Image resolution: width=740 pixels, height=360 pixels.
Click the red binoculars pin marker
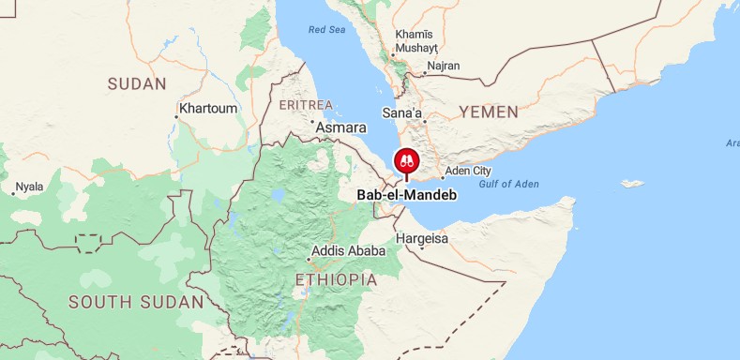(x=407, y=160)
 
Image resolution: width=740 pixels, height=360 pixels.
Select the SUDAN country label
(x=136, y=83)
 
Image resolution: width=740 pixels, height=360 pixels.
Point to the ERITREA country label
(x=306, y=104)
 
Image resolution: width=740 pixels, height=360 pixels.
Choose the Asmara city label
(x=341, y=127)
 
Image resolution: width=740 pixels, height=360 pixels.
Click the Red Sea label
(x=327, y=30)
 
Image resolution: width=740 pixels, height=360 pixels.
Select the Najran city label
(x=443, y=67)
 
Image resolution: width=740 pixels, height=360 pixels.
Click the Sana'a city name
(x=401, y=113)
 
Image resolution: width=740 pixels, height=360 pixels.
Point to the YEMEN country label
(x=488, y=112)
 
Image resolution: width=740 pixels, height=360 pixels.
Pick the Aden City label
(x=468, y=171)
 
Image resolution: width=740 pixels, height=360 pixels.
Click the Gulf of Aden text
(x=507, y=185)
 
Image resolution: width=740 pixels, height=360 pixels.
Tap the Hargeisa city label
(x=422, y=239)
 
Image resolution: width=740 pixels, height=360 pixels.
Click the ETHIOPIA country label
(x=336, y=279)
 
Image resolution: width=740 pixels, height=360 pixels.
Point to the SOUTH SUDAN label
(x=136, y=302)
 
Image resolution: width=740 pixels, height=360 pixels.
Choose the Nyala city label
(x=29, y=187)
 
